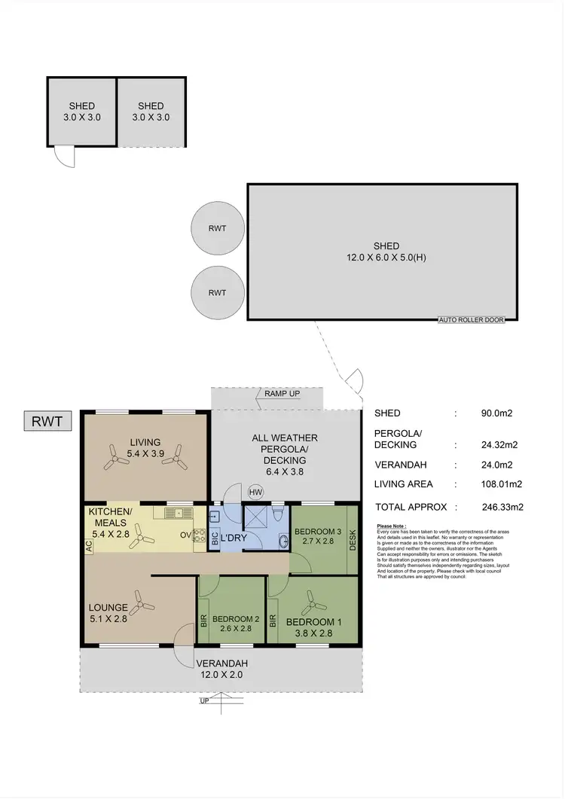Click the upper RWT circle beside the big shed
(x=218, y=229)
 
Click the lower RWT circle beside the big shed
(x=218, y=293)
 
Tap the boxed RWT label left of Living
(x=47, y=420)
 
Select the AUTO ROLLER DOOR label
(x=472, y=319)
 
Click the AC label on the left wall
(x=89, y=549)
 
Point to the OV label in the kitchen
(x=185, y=536)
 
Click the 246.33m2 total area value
(x=503, y=507)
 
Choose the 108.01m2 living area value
(x=503, y=485)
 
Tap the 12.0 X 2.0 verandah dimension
(x=221, y=675)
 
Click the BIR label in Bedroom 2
(x=203, y=621)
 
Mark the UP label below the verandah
(x=204, y=701)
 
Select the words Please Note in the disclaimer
(x=391, y=526)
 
